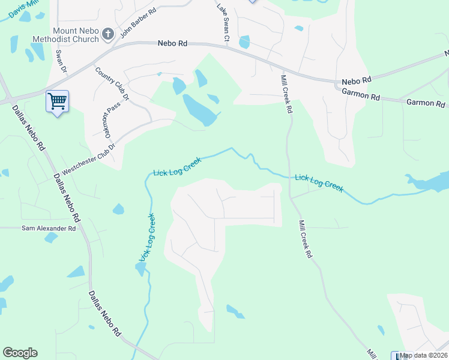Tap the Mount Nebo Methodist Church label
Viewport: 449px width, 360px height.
(x=76, y=35)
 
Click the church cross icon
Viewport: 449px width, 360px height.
(x=108, y=34)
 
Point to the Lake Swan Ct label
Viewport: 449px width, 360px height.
(x=223, y=23)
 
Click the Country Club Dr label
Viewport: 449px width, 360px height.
(x=112, y=83)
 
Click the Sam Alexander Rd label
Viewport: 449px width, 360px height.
(x=49, y=229)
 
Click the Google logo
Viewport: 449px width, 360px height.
(x=20, y=353)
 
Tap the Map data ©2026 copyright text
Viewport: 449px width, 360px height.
(x=424, y=355)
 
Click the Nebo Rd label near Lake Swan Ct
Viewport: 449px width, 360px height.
(x=173, y=43)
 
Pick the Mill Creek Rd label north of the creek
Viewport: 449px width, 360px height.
(x=286, y=94)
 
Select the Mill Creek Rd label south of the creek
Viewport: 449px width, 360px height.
(x=305, y=239)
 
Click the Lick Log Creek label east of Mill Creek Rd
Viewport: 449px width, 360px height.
(x=319, y=182)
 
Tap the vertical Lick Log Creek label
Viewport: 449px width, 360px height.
(x=148, y=238)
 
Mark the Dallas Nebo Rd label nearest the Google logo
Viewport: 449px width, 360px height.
(x=105, y=314)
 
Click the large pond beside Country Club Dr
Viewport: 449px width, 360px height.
(x=200, y=109)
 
